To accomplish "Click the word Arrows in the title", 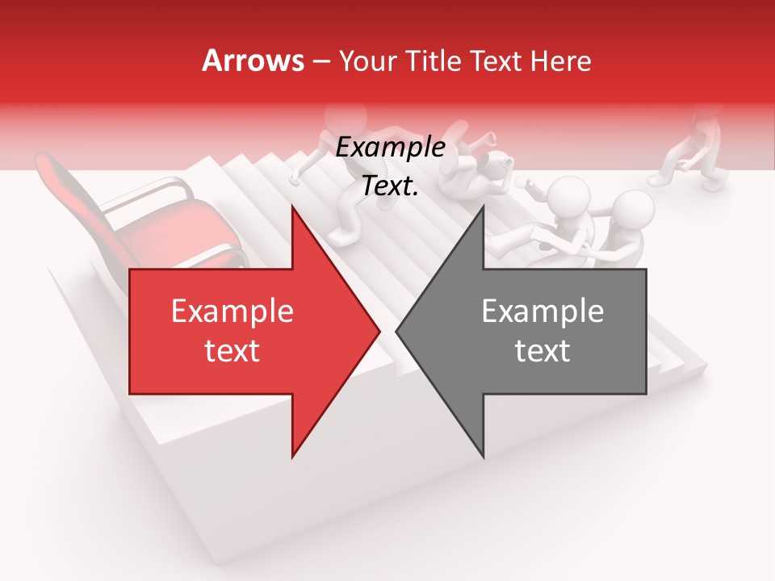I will (x=253, y=61).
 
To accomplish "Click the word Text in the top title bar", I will (x=496, y=61).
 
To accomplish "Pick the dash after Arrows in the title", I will (x=322, y=61).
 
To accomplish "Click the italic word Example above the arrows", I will (x=390, y=148).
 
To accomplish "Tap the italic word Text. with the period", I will (x=390, y=186).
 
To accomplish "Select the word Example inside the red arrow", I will (x=232, y=311).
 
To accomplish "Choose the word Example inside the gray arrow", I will (x=542, y=311).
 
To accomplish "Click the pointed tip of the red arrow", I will (x=379, y=331).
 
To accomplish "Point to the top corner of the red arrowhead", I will (x=292, y=207).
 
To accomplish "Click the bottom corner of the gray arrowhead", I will (x=483, y=457).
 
